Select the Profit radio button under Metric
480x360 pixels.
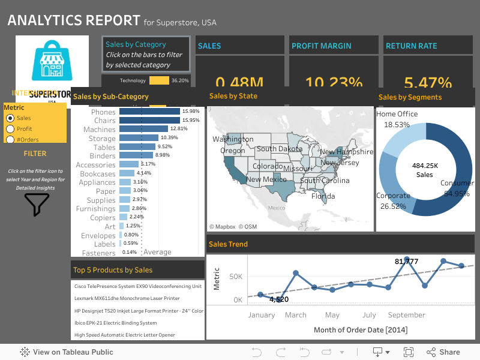[10, 129]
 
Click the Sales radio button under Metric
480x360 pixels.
[10, 118]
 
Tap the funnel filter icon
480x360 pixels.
[37, 205]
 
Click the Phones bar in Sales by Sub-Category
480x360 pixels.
[149, 112]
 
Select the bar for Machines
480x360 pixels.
[143, 129]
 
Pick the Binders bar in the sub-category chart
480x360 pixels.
[136, 155]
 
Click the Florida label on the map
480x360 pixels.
[323, 196]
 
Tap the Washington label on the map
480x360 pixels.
[233, 139]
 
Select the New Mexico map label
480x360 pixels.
[266, 179]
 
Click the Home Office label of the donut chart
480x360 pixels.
[397, 114]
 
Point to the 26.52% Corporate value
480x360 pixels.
[392, 206]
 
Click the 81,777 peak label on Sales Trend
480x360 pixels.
[406, 262]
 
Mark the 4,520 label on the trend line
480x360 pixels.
[279, 299]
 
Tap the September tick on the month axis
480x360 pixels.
[406, 315]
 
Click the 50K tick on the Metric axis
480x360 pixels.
[236, 277]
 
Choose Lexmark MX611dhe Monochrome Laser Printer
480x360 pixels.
[127, 298]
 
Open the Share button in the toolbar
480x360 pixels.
[443, 352]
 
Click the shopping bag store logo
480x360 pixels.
[52, 60]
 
